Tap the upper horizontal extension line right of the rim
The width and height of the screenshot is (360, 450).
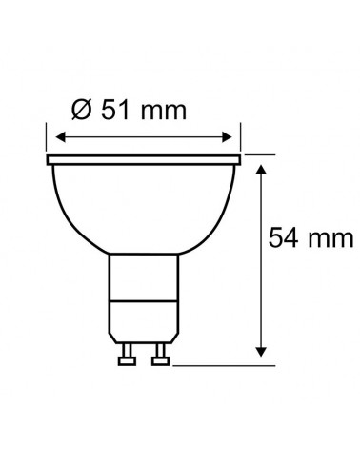tap(257, 153)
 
